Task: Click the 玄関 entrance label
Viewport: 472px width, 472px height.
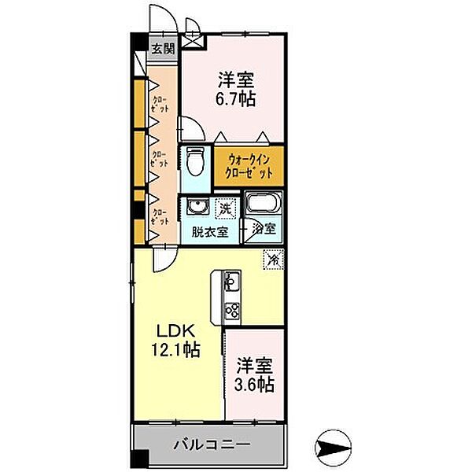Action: tap(163, 49)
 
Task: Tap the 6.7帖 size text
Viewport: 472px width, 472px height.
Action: tap(237, 100)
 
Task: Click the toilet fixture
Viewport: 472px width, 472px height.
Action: tap(196, 163)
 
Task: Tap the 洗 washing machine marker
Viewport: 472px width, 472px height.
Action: tap(226, 208)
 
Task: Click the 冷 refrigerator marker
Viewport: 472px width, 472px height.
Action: tap(273, 258)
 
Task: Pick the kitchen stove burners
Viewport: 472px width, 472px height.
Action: tap(231, 310)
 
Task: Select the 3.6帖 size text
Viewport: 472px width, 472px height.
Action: tap(255, 385)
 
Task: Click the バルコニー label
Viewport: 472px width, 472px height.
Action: tap(212, 445)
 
